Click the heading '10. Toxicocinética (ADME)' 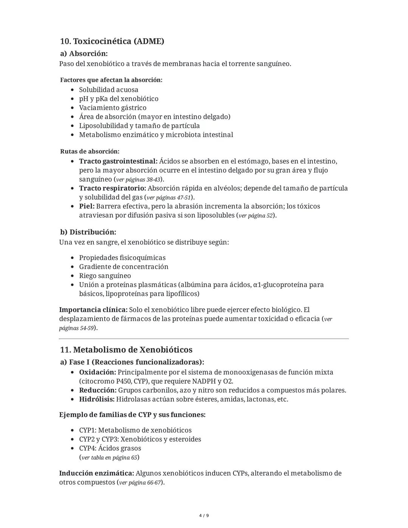click(x=112, y=41)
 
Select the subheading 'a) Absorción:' click(x=84, y=54)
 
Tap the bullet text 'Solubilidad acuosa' click(x=108, y=90)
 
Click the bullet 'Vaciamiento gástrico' click(x=113, y=108)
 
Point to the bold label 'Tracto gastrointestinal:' click(x=118, y=161)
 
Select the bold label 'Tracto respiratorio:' click(x=112, y=188)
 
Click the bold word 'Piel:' click(x=87, y=206)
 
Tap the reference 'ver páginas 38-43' click(x=138, y=180)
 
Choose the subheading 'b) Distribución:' click(x=88, y=232)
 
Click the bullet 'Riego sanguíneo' click(x=105, y=276)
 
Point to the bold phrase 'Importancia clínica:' click(x=93, y=310)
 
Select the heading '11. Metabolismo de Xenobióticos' click(x=126, y=350)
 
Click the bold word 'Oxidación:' click(x=97, y=372)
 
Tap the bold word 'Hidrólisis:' click(x=96, y=399)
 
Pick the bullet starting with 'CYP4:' click(x=110, y=448)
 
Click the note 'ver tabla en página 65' click(x=109, y=458)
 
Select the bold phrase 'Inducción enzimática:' click(x=96, y=473)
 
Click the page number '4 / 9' click(x=204, y=516)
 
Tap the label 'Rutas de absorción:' click(x=90, y=152)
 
